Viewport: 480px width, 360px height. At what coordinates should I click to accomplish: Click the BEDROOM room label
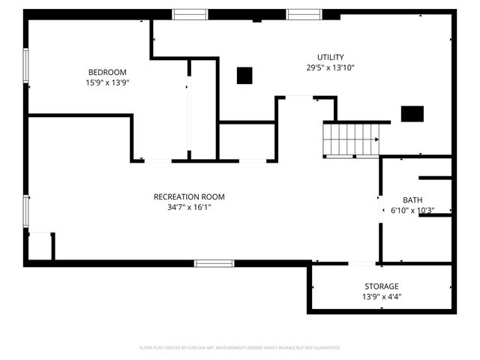point(108,72)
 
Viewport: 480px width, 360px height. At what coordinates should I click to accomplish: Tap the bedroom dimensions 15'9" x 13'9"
point(108,82)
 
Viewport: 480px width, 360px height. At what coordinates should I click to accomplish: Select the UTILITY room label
point(330,57)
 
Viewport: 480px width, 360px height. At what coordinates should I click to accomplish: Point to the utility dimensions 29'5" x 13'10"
point(330,67)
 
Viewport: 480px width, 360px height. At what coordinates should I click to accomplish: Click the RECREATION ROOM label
point(189,196)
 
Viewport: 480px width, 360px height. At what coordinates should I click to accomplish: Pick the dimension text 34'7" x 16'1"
point(189,207)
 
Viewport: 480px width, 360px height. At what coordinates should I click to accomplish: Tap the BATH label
point(412,199)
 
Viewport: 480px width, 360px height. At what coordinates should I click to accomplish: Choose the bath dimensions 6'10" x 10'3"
point(412,211)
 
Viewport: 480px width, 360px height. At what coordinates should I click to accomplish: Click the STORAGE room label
point(382,286)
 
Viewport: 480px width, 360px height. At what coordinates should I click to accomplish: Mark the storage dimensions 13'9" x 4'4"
point(382,296)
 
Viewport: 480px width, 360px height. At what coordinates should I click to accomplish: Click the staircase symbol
point(352,140)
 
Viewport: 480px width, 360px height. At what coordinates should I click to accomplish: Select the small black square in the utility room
point(244,75)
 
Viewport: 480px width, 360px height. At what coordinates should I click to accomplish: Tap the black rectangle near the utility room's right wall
point(412,114)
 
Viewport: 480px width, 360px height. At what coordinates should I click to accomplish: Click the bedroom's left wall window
point(26,65)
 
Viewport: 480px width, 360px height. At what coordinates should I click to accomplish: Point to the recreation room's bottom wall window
point(214,263)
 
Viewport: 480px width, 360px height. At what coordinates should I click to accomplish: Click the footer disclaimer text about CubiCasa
point(240,348)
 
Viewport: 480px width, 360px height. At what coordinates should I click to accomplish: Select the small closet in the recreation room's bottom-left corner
point(40,247)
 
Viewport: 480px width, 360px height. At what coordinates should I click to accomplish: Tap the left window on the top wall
point(190,13)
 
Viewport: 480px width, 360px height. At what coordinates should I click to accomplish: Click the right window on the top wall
point(304,13)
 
